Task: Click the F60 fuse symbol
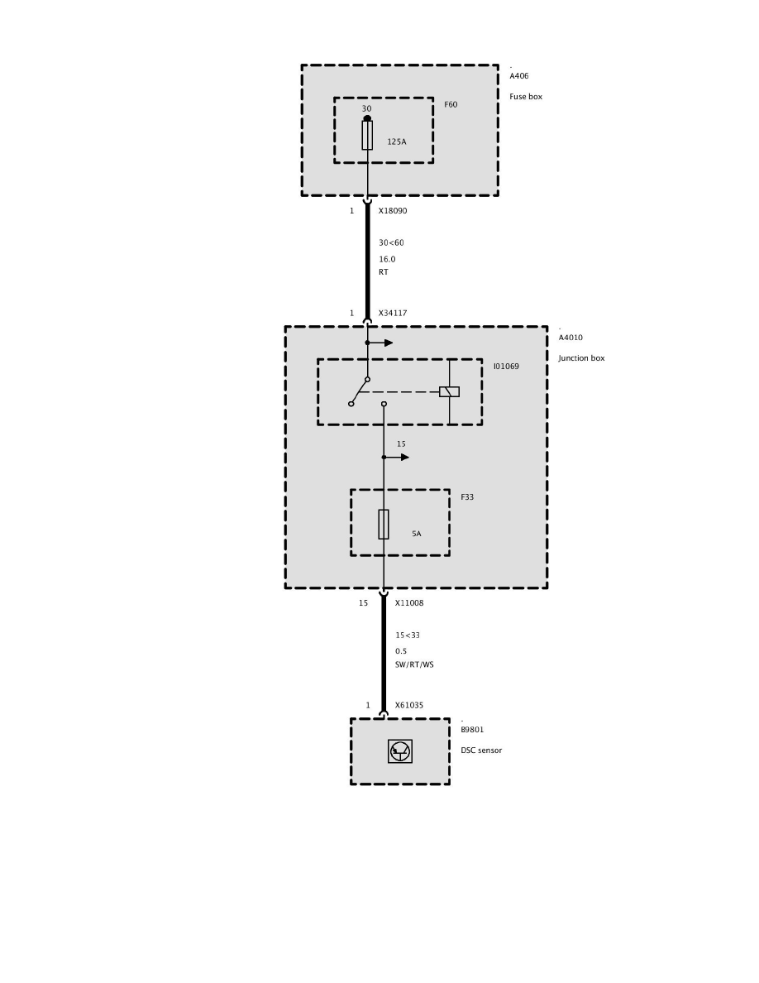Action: [367, 136]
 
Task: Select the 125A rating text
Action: [397, 142]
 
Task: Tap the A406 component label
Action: [519, 76]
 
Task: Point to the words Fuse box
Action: [526, 97]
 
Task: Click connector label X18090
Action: [393, 211]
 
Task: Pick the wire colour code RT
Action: [384, 272]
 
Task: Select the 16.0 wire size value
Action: [387, 259]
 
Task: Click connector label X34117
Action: [393, 314]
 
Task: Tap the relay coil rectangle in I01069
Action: [449, 391]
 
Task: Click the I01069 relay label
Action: [506, 366]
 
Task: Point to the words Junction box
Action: [581, 358]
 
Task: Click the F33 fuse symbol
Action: [384, 525]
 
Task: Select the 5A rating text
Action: [417, 534]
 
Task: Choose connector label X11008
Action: [409, 603]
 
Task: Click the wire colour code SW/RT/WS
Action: [414, 664]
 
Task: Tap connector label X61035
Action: [409, 706]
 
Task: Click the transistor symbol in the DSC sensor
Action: [400, 751]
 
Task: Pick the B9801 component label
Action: [472, 730]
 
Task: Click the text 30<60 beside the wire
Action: [391, 242]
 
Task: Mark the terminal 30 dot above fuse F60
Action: [367, 118]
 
